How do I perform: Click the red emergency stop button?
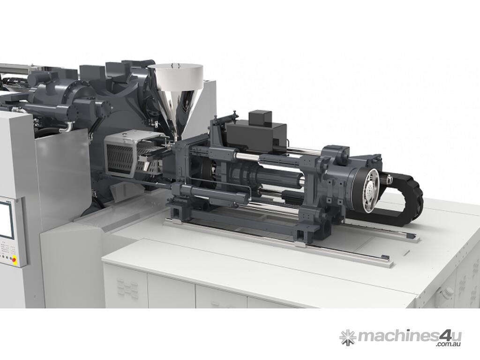tap(13, 260)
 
